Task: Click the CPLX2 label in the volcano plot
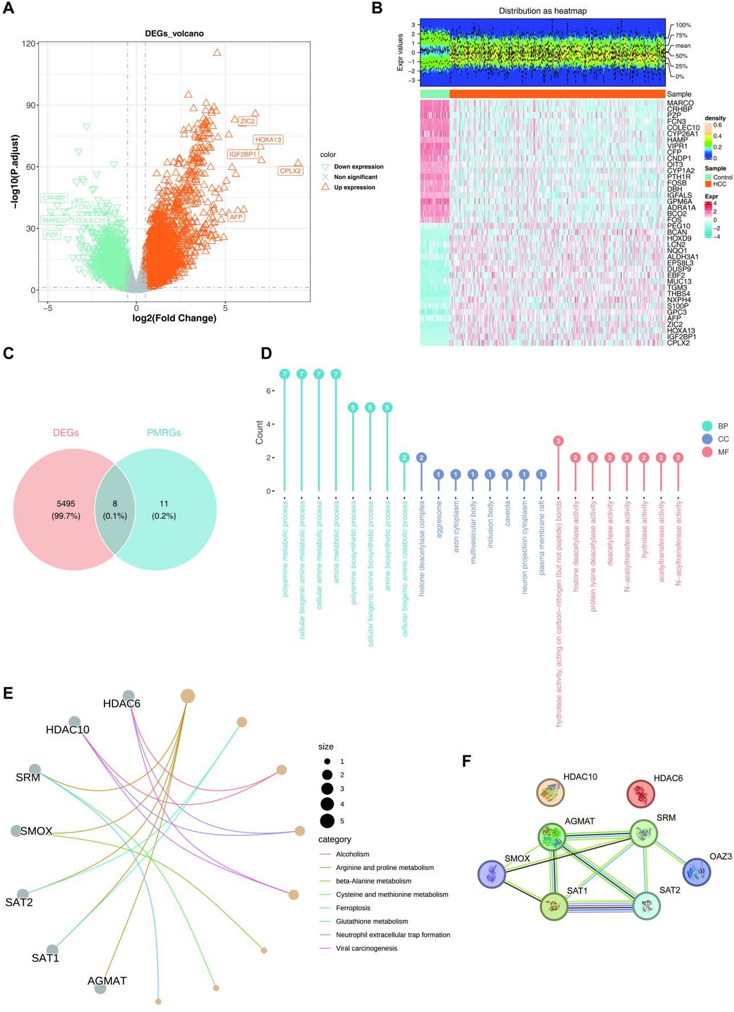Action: pyautogui.click(x=290, y=170)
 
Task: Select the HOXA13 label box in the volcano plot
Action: pyautogui.click(x=268, y=140)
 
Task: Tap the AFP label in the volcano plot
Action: pyautogui.click(x=236, y=217)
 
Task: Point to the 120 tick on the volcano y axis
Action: pyautogui.click(x=30, y=44)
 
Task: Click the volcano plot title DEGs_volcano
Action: pyautogui.click(x=174, y=33)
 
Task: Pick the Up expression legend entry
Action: pyautogui.click(x=354, y=188)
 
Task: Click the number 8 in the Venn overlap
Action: pyautogui.click(x=115, y=504)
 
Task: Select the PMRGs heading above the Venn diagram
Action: pyautogui.click(x=164, y=433)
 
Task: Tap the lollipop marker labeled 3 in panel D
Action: pyautogui.click(x=558, y=441)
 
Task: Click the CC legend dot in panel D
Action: pyautogui.click(x=707, y=439)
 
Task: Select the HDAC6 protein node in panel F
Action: pyautogui.click(x=641, y=794)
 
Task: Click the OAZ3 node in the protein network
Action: pyautogui.click(x=696, y=872)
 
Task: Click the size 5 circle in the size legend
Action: pyautogui.click(x=327, y=821)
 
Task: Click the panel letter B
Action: pyautogui.click(x=377, y=8)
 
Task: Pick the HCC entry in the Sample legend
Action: pyautogui.click(x=719, y=184)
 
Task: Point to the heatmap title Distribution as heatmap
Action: pyautogui.click(x=543, y=11)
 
